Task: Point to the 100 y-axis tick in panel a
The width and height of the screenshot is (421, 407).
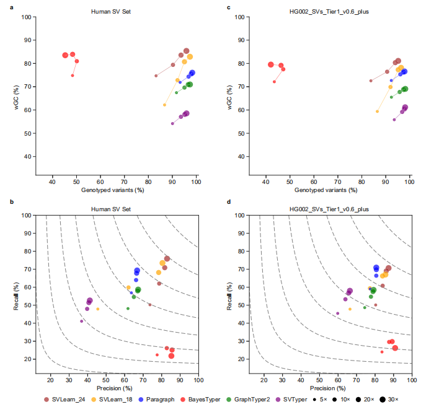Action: click(27, 17)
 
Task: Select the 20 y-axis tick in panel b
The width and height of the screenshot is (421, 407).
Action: click(27, 359)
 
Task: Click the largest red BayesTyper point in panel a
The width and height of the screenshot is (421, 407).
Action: click(65, 55)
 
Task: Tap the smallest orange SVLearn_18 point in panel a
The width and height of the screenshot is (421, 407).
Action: click(164, 105)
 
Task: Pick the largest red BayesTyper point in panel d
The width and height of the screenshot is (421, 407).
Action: click(395, 348)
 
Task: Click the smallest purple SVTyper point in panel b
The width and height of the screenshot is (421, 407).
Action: click(81, 321)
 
